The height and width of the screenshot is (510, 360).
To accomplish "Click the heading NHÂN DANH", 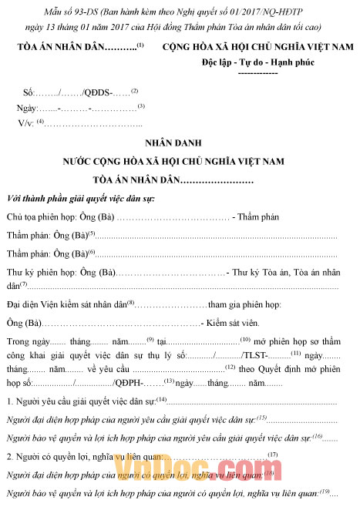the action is pyautogui.click(x=179, y=143).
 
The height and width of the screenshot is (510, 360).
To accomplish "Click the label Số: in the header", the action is pyautogui.click(x=29, y=92).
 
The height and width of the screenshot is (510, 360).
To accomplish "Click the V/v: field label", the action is pyautogui.click(x=26, y=122).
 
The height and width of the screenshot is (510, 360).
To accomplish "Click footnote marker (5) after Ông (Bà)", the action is pyautogui.click(x=91, y=233).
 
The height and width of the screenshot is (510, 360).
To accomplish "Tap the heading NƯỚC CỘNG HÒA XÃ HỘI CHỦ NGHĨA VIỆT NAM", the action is pyautogui.click(x=179, y=161).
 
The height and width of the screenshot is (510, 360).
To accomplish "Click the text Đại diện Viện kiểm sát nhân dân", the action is pyautogui.click(x=66, y=305).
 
